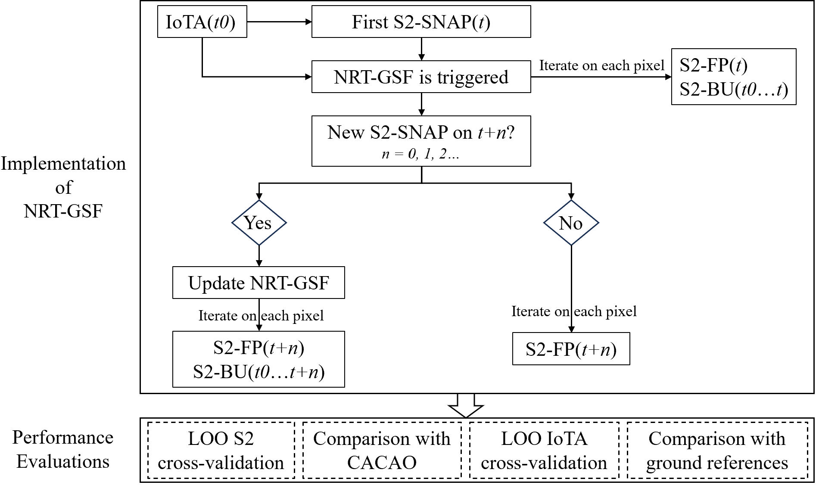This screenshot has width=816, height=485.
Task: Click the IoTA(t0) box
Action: (x=202, y=22)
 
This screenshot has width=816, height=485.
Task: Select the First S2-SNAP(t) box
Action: (x=421, y=22)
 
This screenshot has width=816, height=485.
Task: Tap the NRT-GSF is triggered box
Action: (x=421, y=77)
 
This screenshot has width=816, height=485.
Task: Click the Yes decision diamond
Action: (x=259, y=223)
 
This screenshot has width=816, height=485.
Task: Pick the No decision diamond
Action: (x=571, y=223)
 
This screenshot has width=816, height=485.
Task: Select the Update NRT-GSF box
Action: (x=259, y=283)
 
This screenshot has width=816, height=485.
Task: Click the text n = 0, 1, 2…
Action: (x=420, y=154)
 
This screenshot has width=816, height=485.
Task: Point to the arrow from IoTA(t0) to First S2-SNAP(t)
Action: (x=279, y=22)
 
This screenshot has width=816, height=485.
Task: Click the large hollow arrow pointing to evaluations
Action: (x=466, y=405)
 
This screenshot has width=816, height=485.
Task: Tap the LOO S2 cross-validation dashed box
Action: (x=221, y=450)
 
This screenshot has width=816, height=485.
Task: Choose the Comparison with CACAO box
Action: (x=382, y=450)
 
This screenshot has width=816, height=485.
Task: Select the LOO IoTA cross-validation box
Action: (x=544, y=450)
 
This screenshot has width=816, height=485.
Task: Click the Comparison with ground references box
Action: (x=717, y=450)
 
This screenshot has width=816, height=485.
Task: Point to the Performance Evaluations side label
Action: (x=63, y=449)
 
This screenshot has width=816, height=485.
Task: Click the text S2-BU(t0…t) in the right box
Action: (x=734, y=90)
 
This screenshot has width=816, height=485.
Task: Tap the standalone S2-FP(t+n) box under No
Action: (x=571, y=349)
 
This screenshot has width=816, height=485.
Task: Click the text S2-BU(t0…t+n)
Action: (x=259, y=372)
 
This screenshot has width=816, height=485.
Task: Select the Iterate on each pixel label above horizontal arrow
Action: (x=601, y=65)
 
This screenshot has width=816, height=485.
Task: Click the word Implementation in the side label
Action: (x=63, y=164)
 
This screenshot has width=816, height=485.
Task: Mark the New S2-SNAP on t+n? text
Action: (x=420, y=132)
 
